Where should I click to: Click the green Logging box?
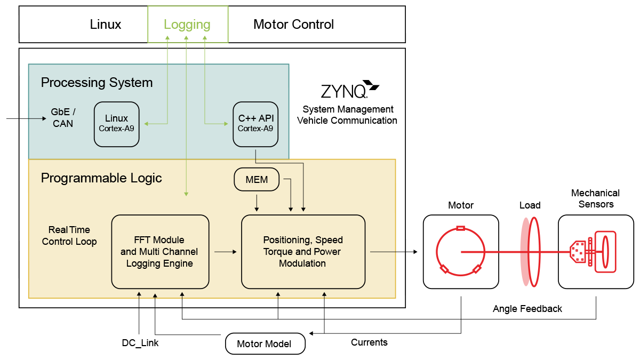click(187, 25)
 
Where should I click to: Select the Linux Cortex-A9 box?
click(116, 124)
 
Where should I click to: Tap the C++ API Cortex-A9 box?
click(255, 124)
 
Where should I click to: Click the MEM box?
click(257, 180)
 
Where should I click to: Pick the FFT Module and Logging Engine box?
click(159, 251)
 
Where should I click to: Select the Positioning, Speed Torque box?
click(303, 251)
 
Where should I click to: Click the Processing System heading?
click(97, 83)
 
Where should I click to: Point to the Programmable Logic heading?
click(101, 178)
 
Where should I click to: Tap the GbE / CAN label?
click(63, 117)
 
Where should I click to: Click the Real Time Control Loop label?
click(69, 236)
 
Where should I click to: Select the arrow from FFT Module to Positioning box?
click(226, 251)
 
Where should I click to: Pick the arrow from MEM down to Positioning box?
click(257, 202)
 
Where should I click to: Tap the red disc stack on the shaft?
click(530, 252)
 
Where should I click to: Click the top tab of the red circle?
click(460, 228)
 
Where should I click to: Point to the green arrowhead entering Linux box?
click(147, 124)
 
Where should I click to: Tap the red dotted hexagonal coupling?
click(577, 252)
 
